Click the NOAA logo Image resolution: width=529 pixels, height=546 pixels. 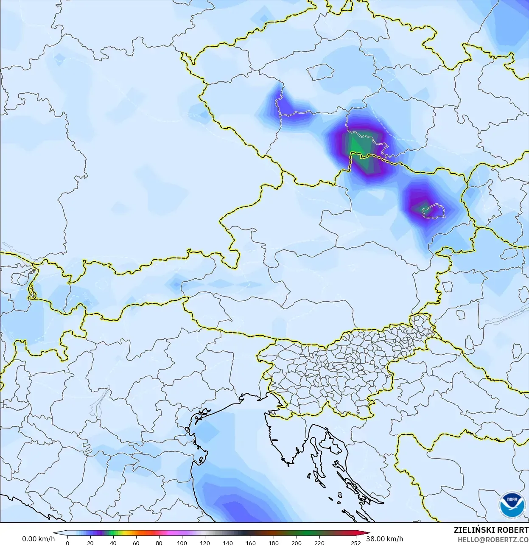tap(512, 504)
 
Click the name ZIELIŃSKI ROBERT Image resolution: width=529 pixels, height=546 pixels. tap(491, 530)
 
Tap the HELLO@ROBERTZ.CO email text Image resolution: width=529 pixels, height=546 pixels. tap(493, 540)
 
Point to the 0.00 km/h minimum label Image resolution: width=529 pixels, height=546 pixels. tap(38, 539)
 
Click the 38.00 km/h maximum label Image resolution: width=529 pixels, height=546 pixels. tap(385, 539)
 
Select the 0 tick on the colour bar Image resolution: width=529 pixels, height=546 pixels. tap(67, 543)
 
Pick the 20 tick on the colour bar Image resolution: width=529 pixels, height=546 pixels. tap(90, 543)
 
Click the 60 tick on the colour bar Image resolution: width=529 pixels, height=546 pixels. tap(136, 543)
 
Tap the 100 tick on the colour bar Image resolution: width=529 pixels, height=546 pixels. tap(182, 543)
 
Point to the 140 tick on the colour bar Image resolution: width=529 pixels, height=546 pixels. tap(227, 543)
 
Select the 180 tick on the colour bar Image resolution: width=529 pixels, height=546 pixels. tap(273, 543)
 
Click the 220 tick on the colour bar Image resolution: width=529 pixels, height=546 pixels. tap(319, 543)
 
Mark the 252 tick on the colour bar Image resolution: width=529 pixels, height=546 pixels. tap(355, 543)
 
